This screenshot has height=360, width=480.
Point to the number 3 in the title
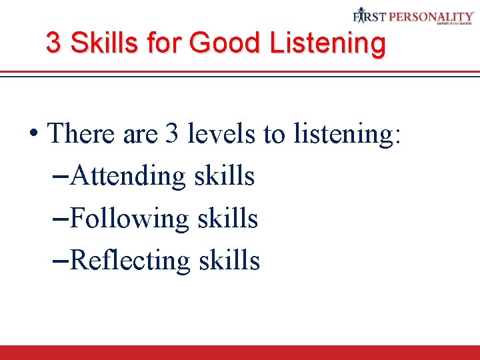tap(53, 43)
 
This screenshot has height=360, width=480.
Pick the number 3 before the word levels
tap(172, 134)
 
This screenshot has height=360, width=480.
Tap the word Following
tap(129, 218)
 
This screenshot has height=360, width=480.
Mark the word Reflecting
tap(130, 260)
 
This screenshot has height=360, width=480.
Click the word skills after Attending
tap(225, 176)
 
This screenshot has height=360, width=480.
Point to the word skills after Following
tap(227, 218)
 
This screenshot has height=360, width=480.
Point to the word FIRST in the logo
tap(369, 15)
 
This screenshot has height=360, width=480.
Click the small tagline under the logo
tap(455, 23)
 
